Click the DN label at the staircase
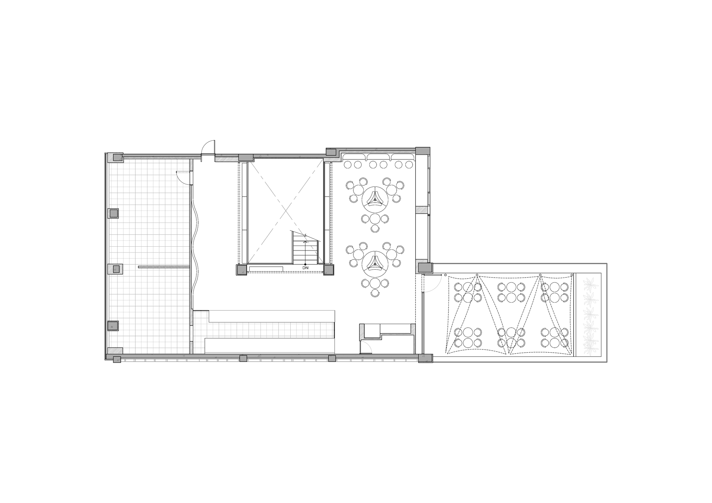tap(306, 268)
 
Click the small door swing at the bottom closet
tap(367, 347)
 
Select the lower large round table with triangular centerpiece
tap(375, 264)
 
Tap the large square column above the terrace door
tap(424, 267)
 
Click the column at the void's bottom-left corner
tap(241, 270)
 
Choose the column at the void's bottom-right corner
tap(328, 270)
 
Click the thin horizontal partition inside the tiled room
tap(164, 267)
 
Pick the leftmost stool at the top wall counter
tap(348, 165)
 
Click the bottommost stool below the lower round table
tap(375, 293)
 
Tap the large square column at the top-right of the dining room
tap(423, 151)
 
